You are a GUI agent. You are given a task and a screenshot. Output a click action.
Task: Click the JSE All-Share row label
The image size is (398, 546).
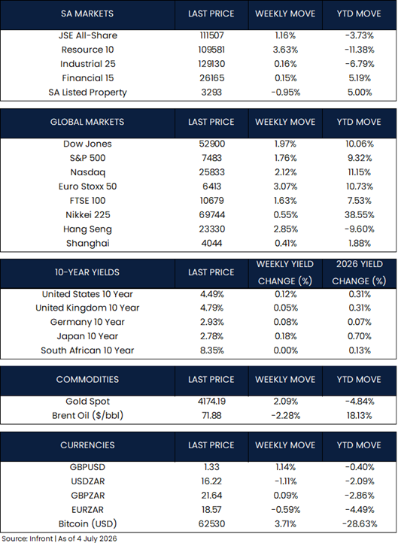(x=88, y=35)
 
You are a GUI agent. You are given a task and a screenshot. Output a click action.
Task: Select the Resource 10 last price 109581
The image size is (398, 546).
(x=211, y=50)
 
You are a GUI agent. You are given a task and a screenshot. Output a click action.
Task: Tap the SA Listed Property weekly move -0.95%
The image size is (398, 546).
(x=286, y=93)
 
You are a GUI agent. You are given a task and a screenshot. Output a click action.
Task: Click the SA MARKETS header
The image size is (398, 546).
(x=87, y=14)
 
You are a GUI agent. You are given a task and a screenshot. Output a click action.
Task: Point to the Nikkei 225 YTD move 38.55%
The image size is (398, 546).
(x=360, y=215)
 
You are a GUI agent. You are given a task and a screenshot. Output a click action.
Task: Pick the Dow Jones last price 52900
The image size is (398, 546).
(x=211, y=144)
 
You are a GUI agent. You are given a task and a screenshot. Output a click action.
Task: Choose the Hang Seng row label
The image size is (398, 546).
(x=87, y=229)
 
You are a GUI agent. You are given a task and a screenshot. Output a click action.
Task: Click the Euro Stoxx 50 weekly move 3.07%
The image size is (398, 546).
(x=286, y=187)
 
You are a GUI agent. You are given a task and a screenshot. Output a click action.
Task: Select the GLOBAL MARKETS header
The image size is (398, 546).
(x=87, y=122)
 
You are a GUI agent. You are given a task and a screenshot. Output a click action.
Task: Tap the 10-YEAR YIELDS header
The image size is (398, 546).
(x=87, y=272)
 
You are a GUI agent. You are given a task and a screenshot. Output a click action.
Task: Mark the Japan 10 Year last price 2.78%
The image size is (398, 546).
(x=211, y=336)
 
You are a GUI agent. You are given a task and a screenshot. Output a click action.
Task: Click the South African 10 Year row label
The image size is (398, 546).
(x=87, y=350)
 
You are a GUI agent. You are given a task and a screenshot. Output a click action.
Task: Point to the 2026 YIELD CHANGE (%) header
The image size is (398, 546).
(x=359, y=273)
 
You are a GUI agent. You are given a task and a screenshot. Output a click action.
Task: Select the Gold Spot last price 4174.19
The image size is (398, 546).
(x=211, y=402)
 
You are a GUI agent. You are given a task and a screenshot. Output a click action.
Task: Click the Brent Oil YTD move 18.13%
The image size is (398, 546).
(x=360, y=416)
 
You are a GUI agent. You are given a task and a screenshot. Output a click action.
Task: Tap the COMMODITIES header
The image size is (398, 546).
(x=87, y=379)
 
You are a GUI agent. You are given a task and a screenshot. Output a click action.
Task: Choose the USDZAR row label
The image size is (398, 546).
(x=88, y=481)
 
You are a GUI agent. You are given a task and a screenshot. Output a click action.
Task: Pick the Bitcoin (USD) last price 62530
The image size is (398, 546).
(x=211, y=524)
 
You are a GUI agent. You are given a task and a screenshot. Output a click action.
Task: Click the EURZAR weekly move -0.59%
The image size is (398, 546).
(x=286, y=510)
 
